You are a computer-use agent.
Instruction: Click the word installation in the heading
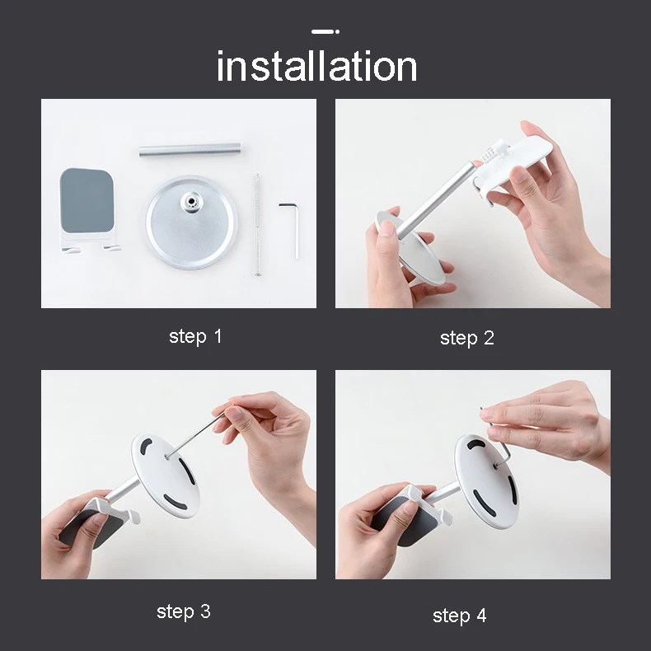[x=316, y=66]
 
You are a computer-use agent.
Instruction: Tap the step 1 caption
[x=195, y=337]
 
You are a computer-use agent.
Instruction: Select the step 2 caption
[x=467, y=339]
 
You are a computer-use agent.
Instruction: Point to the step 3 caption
[x=184, y=611]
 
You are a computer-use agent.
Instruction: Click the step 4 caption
[x=459, y=616]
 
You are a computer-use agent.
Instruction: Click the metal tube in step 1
[x=190, y=149]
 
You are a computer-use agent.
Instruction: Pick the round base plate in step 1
[x=191, y=222]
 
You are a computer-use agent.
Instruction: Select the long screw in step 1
[x=257, y=225]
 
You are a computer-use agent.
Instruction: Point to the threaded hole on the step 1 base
[x=191, y=201]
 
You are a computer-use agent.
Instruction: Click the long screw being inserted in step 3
[x=196, y=433]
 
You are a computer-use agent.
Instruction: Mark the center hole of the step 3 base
[x=166, y=457]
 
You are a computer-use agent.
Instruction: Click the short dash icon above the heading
[x=325, y=31]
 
